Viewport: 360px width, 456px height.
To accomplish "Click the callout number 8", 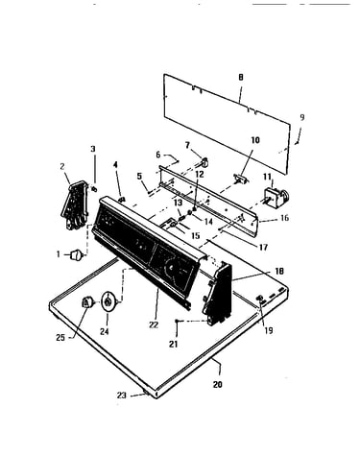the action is click(241, 77).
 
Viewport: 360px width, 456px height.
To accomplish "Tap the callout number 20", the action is click(218, 384).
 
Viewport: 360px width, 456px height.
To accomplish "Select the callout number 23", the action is click(122, 396).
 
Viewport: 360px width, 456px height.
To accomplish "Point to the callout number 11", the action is click(267, 177).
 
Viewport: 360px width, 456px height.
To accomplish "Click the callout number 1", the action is click(59, 254).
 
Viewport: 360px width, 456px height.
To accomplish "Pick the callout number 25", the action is click(60, 337).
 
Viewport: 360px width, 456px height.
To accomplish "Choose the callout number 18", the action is click(279, 271).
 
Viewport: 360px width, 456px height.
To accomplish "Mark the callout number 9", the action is click(302, 117).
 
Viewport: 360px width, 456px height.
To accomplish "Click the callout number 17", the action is click(263, 247).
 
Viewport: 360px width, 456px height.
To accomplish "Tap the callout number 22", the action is click(154, 324).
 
